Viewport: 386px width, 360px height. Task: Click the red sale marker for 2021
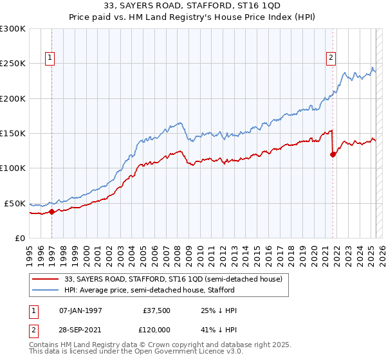click(x=333, y=154)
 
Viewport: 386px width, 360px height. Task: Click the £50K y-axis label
click(x=15, y=203)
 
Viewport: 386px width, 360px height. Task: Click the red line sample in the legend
click(x=45, y=279)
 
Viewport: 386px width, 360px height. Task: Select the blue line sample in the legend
click(x=45, y=290)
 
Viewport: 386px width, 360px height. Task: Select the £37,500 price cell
click(x=157, y=310)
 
